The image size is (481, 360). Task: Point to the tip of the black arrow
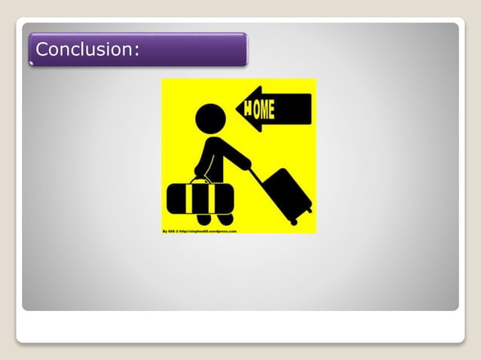237,110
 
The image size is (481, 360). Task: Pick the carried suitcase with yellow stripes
200,197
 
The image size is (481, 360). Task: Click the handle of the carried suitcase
200,179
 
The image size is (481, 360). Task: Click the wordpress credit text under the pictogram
200,231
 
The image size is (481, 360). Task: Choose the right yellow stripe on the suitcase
213,197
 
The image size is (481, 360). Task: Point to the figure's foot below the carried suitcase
225,219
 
